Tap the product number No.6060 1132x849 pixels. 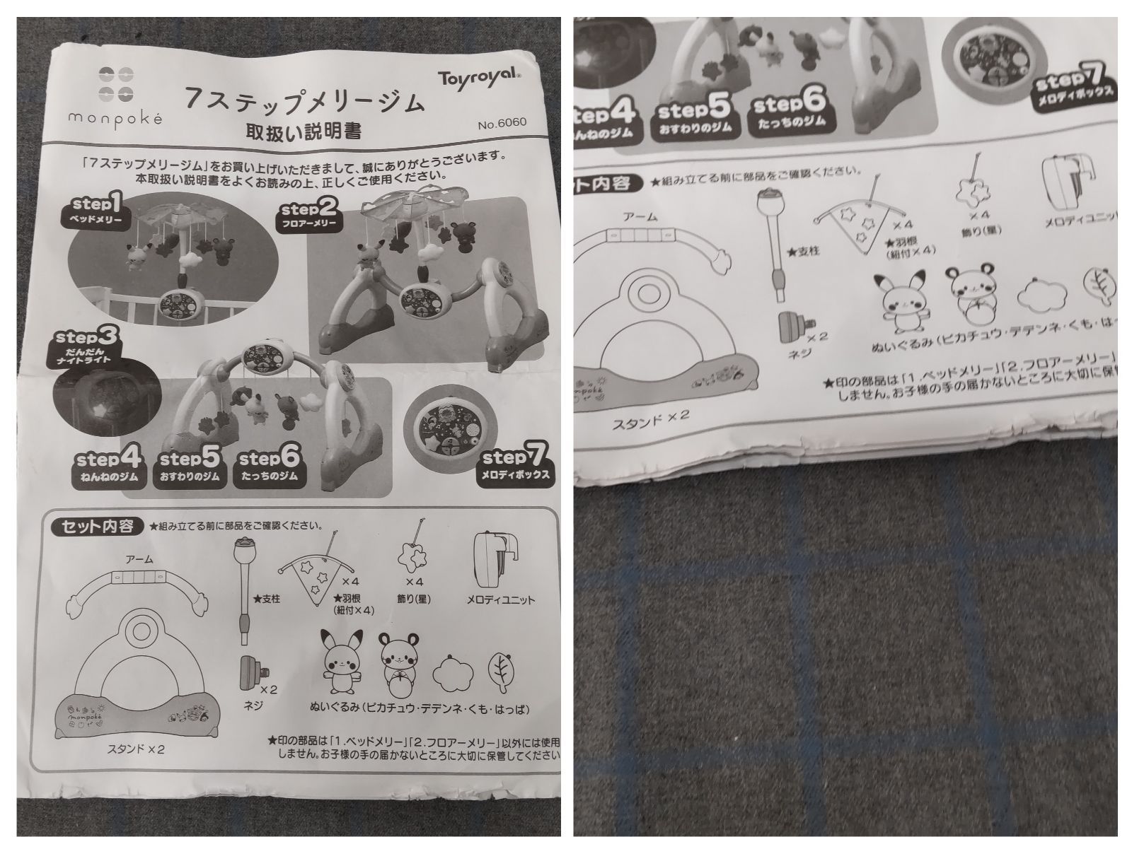point(502,122)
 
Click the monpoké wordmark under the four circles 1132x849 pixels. point(115,118)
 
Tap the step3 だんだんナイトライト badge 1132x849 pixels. point(86,346)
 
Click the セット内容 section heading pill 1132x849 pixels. point(98,527)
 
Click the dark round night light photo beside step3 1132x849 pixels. point(106,402)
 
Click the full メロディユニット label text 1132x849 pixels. point(500,600)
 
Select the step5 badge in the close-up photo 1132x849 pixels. point(693,117)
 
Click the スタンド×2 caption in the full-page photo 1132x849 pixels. point(136,749)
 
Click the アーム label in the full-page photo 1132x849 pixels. point(139,559)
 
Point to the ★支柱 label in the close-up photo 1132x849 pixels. point(803,252)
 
